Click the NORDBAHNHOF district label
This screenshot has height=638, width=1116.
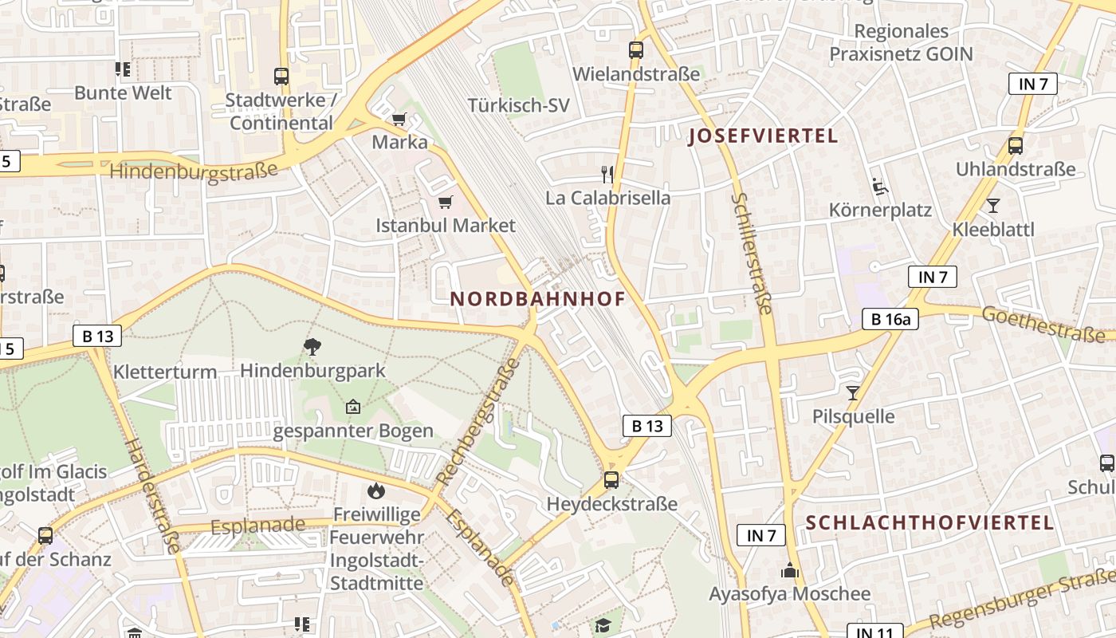pos(537,299)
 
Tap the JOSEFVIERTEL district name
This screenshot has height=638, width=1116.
pos(763,136)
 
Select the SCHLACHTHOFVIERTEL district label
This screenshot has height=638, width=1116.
pos(929,523)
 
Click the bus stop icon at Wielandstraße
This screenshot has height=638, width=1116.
pos(635,49)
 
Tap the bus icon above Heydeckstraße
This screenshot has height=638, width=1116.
pos(611,479)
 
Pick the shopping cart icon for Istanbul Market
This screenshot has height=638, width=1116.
pos(445,203)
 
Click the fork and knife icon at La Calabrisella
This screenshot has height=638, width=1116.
pos(607,174)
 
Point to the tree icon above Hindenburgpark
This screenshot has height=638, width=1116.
pos(312,346)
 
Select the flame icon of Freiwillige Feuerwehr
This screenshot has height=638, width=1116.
pos(375,490)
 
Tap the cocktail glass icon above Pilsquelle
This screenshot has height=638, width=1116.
pos(853,392)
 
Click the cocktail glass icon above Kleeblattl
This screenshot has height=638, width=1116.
pos(992,206)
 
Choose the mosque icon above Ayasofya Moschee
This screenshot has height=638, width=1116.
pos(790,570)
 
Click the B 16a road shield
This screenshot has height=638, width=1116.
pos(890,320)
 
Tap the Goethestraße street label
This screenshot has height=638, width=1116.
pos(1047,324)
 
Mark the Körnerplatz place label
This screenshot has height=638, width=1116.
pos(880,211)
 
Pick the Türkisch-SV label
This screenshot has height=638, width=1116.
pos(519,105)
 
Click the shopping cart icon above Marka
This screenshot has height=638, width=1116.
pos(399,120)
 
